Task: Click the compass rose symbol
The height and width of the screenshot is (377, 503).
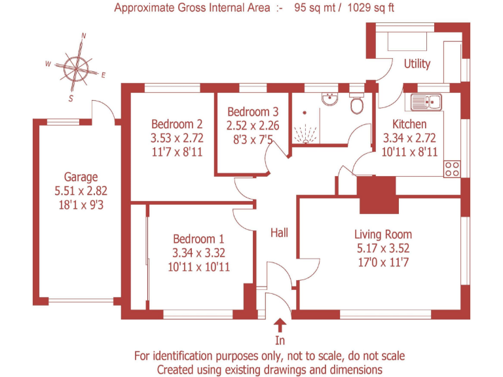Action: pos(76,66)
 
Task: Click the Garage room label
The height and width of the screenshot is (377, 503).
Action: pos(81,177)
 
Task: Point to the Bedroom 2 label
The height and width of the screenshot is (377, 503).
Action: pos(176,124)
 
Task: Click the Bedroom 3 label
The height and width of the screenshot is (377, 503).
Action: pos(253,112)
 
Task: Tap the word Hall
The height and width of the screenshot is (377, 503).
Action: pos(280,232)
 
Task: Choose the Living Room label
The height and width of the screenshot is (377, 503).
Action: pos(383,234)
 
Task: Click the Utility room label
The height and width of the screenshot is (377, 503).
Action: pos(417,63)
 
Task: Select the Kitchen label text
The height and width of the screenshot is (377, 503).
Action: pos(409,124)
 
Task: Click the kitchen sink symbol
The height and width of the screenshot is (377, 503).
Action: pos(426,101)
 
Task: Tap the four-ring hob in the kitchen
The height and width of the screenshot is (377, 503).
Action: pos(452,169)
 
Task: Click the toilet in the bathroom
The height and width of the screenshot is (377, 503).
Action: pos(358,105)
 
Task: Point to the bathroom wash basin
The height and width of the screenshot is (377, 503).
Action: pos(329,99)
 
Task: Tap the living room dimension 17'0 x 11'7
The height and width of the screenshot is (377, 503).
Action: pos(383,262)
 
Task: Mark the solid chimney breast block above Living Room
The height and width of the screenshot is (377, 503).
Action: pos(378,194)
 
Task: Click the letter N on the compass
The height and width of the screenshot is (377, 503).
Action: pos(84,37)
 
